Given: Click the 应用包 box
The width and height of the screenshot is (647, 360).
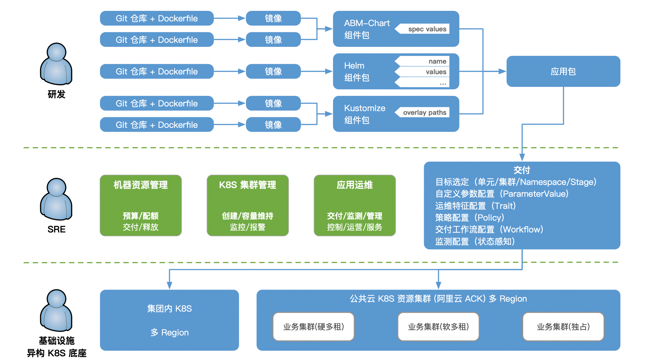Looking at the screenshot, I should pyautogui.click(x=563, y=71).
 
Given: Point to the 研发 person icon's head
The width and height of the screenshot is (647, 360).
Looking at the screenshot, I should pyautogui.click(x=56, y=52).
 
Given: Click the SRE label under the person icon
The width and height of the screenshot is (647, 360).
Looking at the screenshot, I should pyautogui.click(x=56, y=229).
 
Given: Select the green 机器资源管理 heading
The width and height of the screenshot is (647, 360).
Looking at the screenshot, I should pyautogui.click(x=141, y=185).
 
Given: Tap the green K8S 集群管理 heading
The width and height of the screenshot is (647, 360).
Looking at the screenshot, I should pyautogui.click(x=248, y=185).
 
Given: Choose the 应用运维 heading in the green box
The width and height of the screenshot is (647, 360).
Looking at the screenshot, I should pyautogui.click(x=355, y=185).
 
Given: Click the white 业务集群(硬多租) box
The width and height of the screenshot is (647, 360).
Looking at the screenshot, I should pyautogui.click(x=313, y=326).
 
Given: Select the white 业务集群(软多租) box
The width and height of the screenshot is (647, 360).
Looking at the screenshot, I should pyautogui.click(x=438, y=326).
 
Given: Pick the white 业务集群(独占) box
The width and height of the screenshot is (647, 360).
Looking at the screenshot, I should pyautogui.click(x=563, y=326).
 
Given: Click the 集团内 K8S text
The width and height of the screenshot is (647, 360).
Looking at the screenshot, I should pyautogui.click(x=169, y=308).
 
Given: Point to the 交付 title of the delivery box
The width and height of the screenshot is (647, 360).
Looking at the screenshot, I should pyautogui.click(x=522, y=170).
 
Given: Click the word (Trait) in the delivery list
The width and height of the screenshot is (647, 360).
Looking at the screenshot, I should pyautogui.click(x=504, y=206).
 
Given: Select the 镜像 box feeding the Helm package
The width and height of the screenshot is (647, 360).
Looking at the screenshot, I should pyautogui.click(x=273, y=71).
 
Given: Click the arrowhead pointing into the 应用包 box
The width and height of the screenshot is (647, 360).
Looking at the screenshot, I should pyautogui.click(x=502, y=71).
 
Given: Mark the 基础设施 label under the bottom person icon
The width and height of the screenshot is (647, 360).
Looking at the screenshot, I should pyautogui.click(x=56, y=341).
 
